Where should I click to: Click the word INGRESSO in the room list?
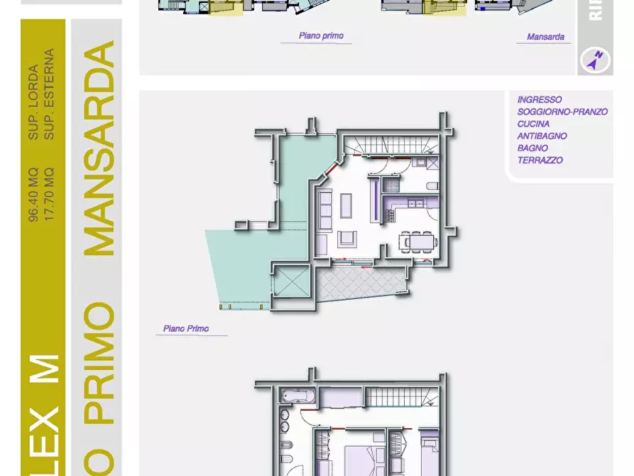tap(540, 100)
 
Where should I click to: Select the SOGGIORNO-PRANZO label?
tap(562, 112)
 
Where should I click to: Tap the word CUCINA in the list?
tap(533, 124)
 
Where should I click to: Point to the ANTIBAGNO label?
tap(542, 136)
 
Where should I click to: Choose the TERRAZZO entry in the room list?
tap(540, 161)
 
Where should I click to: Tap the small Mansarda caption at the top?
tap(545, 37)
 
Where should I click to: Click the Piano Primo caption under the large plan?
tap(186, 329)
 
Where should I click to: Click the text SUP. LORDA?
tap(33, 103)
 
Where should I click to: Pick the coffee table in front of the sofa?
tap(346, 206)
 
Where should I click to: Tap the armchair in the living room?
tap(346, 238)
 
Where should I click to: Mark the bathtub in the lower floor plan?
tap(292, 395)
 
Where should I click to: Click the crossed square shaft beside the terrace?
tap(291, 283)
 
